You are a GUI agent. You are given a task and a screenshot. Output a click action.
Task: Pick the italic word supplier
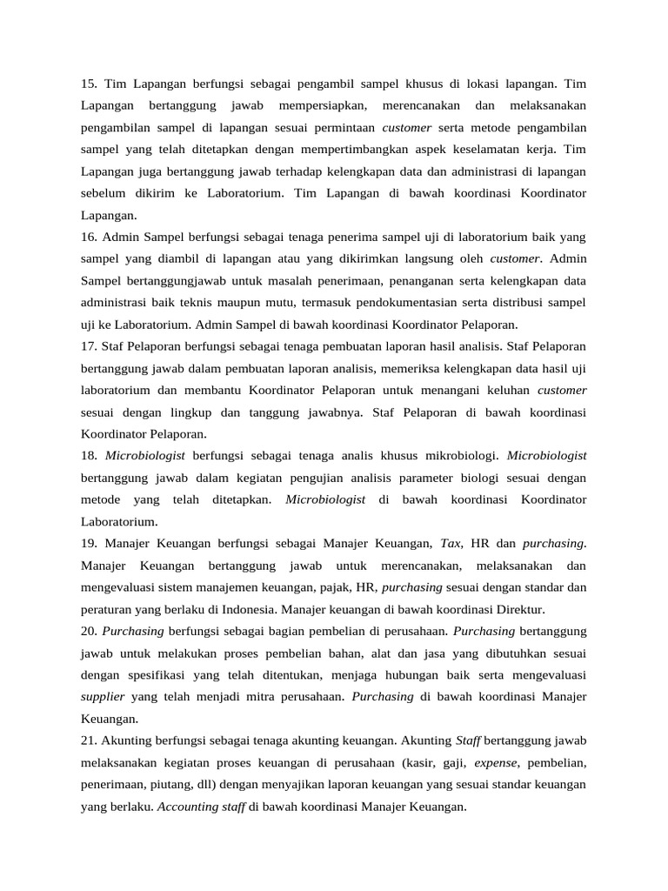pos(103,697)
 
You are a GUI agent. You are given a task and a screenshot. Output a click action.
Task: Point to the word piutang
pos(179,785)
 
